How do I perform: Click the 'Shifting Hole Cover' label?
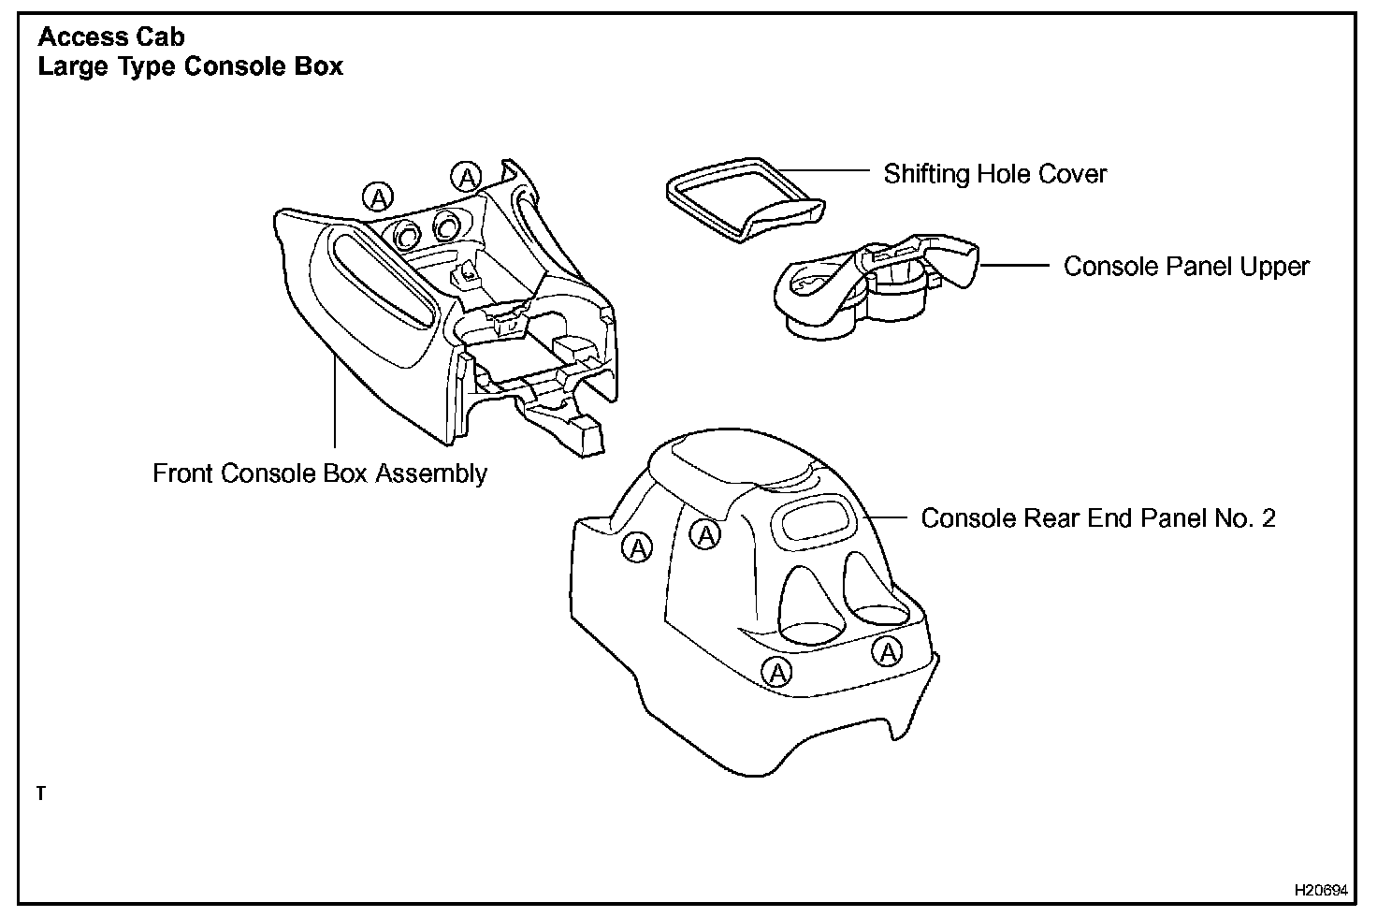(994, 174)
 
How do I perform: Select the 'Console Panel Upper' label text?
(1185, 267)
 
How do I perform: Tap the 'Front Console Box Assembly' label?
(319, 473)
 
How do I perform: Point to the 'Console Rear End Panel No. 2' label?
(1097, 518)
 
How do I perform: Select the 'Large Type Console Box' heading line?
(190, 67)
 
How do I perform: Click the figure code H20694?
(1320, 888)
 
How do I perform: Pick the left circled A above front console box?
(378, 197)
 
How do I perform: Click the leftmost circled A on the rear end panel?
(637, 547)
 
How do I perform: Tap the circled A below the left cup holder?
(777, 671)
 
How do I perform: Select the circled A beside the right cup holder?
(887, 651)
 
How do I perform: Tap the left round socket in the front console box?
(408, 238)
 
